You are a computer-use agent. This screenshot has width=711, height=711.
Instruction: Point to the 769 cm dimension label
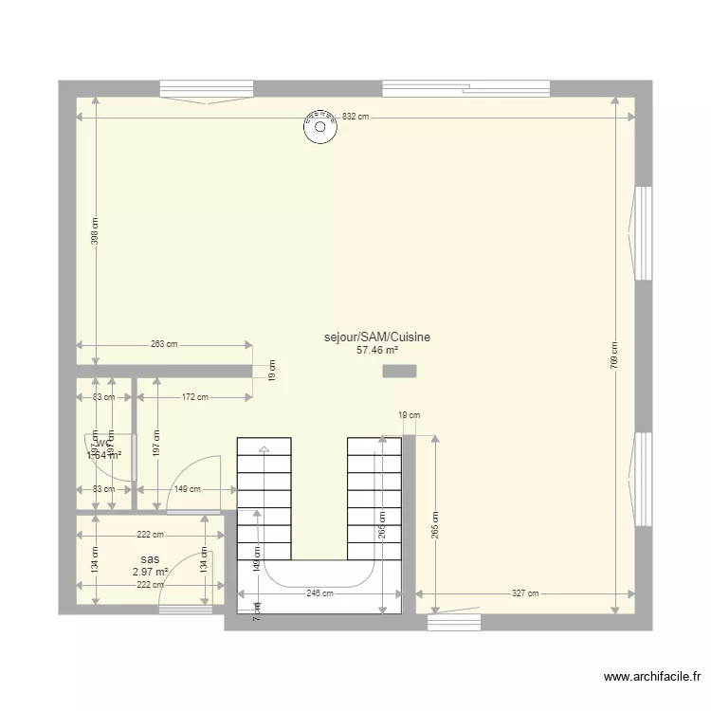(614, 355)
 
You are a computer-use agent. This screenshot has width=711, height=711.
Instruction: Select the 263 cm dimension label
(164, 345)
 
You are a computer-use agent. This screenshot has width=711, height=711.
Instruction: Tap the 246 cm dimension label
(319, 593)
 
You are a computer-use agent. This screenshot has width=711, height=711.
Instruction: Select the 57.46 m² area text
(376, 350)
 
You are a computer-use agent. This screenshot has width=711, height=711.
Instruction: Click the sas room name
(149, 559)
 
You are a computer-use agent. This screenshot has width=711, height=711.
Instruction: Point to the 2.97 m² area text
(150, 572)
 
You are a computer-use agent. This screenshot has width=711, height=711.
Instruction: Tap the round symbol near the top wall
(319, 122)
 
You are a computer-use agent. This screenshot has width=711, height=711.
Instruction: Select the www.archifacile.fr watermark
(652, 677)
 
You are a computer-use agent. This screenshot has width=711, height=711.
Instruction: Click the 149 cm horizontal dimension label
(187, 490)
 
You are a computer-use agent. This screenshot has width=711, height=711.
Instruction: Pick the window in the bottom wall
(454, 622)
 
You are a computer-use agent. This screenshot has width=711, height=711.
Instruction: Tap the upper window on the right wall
(643, 232)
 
